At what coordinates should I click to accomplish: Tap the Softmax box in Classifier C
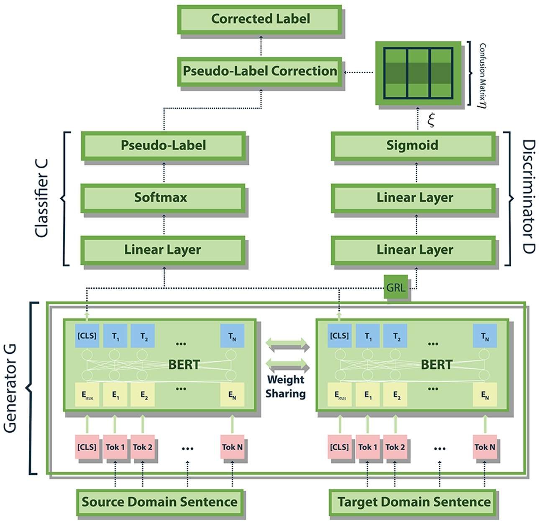click(x=162, y=198)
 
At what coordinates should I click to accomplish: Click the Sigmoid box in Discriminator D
click(x=413, y=146)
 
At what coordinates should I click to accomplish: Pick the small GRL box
click(x=395, y=287)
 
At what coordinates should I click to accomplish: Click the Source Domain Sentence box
click(x=160, y=502)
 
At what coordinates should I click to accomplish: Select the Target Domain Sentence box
click(x=413, y=502)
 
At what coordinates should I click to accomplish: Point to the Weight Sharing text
click(x=286, y=387)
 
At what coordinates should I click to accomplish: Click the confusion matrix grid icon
click(x=418, y=73)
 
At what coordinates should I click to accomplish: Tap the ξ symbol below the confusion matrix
click(x=431, y=119)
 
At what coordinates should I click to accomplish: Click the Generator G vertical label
click(x=10, y=388)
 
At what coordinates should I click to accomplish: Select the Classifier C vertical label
click(x=41, y=198)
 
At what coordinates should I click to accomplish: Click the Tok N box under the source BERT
click(x=232, y=447)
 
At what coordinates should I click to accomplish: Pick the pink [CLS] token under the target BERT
click(x=339, y=447)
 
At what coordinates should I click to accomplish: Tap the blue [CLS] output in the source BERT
click(x=87, y=335)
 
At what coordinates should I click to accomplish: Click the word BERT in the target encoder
click(x=436, y=365)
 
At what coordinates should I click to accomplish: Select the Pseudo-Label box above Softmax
click(x=163, y=146)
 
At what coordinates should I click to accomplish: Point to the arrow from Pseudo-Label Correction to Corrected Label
click(x=261, y=46)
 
